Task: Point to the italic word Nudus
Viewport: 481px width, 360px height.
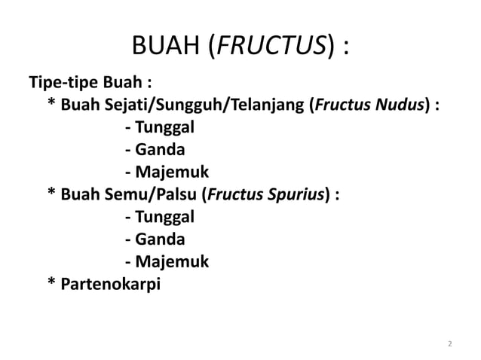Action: click(400, 104)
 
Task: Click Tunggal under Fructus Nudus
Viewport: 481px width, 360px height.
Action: click(164, 127)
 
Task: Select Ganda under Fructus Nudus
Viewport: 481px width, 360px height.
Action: click(160, 149)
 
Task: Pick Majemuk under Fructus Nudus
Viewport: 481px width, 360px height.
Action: click(167, 172)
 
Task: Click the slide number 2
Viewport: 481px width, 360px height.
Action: click(450, 345)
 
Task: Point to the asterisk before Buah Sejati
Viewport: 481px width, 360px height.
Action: click(51, 102)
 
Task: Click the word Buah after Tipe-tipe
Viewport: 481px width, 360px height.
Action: click(113, 81)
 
